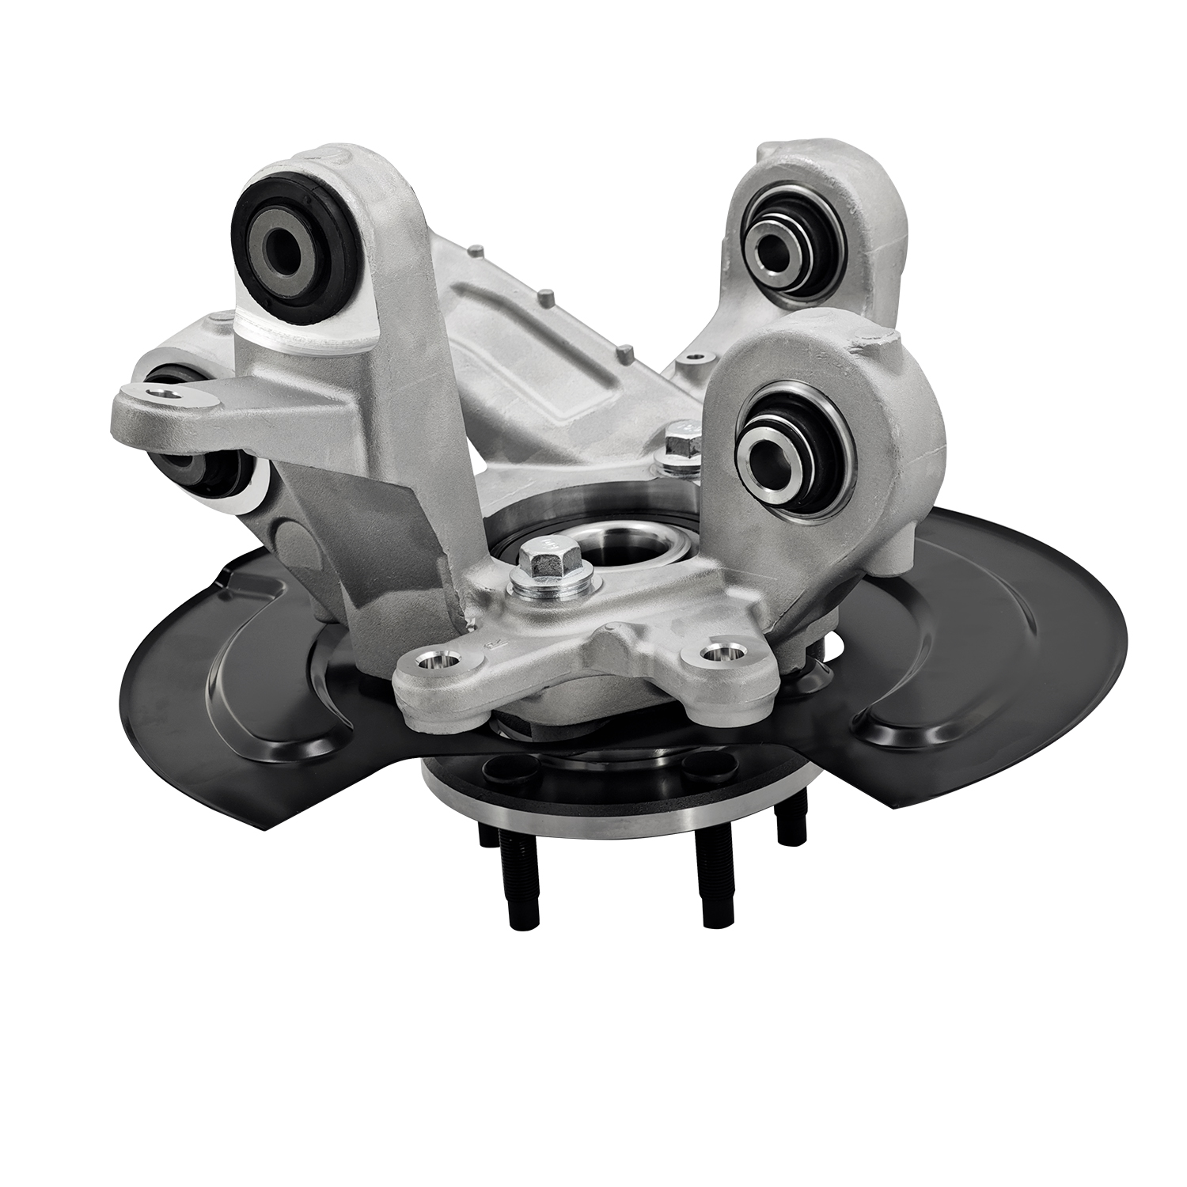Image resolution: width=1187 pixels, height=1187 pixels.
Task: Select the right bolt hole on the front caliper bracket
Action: tap(719, 654)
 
